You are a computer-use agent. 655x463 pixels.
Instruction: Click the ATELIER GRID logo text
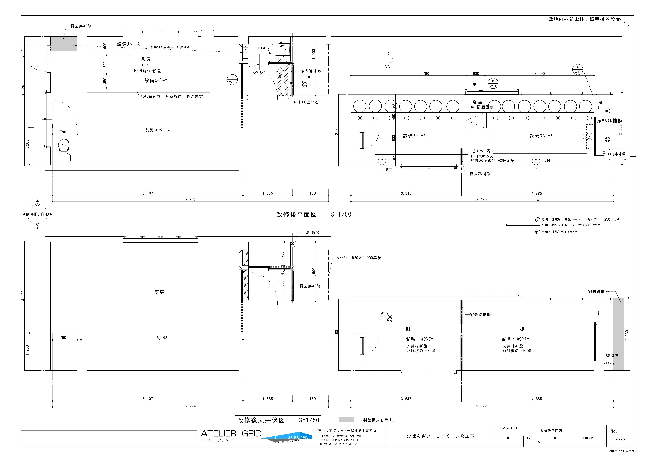231,434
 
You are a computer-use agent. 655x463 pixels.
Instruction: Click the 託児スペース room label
158,130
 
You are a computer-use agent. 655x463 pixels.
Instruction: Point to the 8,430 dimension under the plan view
481,200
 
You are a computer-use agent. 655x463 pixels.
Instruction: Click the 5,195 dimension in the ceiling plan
162,338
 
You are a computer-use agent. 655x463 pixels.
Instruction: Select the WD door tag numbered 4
577,70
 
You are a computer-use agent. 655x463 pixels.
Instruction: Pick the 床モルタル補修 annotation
610,121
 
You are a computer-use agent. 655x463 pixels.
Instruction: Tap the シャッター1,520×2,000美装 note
359,258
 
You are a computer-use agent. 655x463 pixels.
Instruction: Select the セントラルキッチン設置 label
147,71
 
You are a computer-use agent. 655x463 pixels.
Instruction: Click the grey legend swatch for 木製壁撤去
346,420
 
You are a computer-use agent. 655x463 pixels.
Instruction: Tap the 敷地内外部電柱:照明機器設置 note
584,19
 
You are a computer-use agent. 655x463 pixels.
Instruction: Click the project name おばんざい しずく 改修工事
440,436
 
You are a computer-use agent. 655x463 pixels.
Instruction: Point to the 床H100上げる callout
306,102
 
